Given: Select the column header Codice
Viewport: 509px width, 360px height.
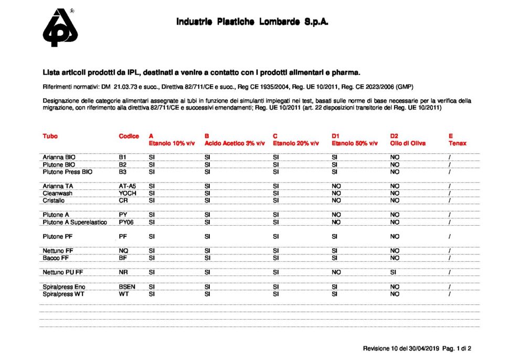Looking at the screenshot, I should click(x=129, y=136).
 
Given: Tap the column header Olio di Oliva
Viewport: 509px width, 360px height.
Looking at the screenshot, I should click(x=408, y=143).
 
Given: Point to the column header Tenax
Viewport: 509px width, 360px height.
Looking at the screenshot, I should click(x=457, y=143).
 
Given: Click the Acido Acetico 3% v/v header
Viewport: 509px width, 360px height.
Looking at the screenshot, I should click(x=235, y=143).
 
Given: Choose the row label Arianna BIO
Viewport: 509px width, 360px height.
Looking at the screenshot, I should click(x=59, y=157).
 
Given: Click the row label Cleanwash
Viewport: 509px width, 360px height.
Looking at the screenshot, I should click(x=58, y=193).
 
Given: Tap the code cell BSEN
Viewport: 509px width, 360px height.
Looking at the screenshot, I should click(x=127, y=287).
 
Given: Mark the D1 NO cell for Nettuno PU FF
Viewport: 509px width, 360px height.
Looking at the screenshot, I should click(x=336, y=272).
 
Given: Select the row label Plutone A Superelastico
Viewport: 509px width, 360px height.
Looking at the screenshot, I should click(x=75, y=222).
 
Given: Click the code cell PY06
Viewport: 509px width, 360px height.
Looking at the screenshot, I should click(x=126, y=222).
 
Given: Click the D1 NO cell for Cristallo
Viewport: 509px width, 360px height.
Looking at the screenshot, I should click(x=336, y=200).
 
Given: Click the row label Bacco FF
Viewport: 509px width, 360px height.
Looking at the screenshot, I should click(x=56, y=258).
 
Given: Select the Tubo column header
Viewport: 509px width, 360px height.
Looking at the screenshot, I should click(x=50, y=136).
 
